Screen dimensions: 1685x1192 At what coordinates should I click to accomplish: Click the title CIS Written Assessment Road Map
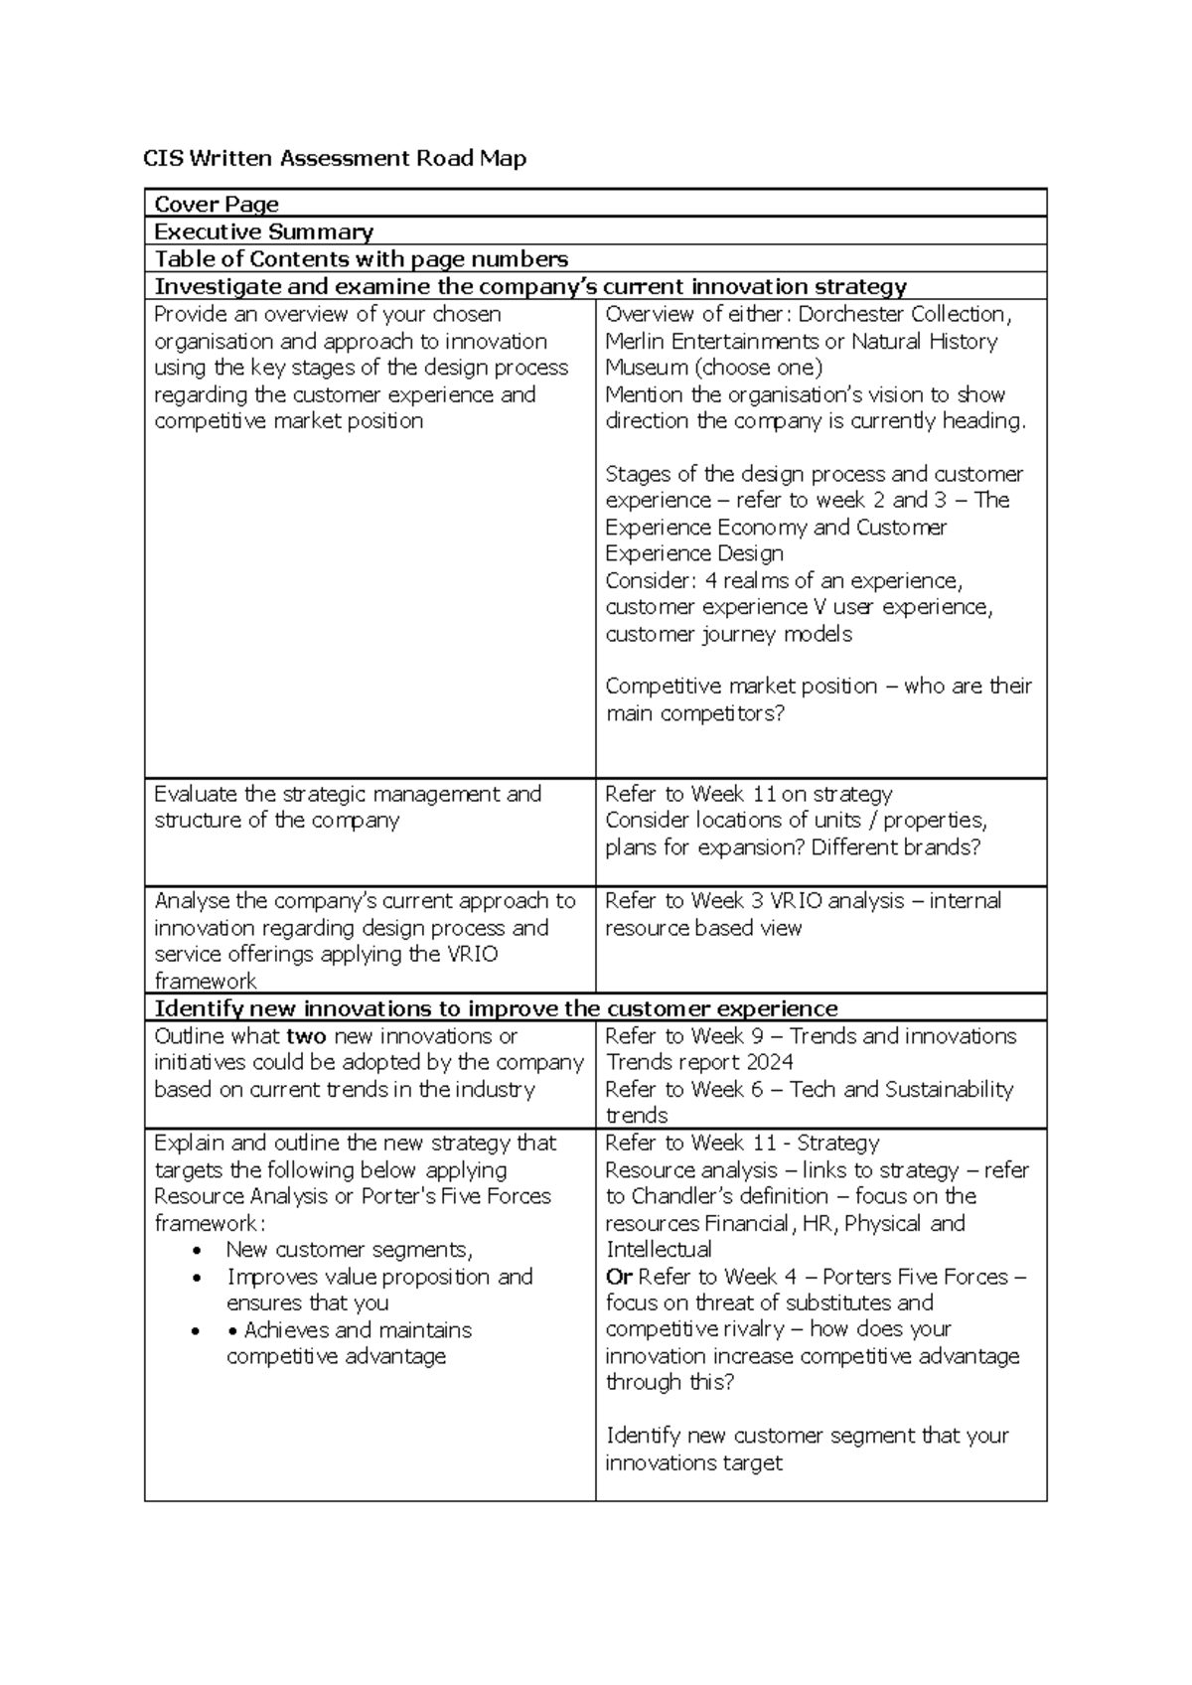(335, 158)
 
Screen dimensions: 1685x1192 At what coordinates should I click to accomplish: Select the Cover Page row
(217, 204)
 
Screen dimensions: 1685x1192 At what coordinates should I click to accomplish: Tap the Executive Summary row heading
(263, 231)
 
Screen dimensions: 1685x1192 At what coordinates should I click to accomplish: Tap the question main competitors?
(694, 713)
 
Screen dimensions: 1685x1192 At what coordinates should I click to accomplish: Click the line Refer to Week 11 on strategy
(748, 794)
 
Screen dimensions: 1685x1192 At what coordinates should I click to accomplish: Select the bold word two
(306, 1036)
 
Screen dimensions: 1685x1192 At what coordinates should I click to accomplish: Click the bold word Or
(619, 1277)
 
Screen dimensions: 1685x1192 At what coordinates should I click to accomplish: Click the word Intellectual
(659, 1250)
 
